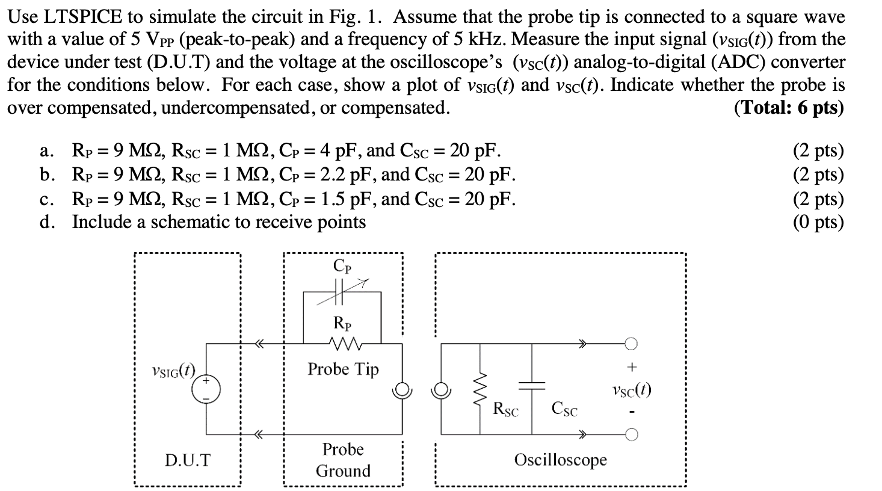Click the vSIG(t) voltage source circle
206,390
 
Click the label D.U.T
188,461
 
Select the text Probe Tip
343,368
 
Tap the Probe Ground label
343,460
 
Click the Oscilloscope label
560,460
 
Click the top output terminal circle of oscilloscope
631,344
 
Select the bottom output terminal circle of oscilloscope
631,434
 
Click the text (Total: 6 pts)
789,108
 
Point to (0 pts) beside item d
818,222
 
